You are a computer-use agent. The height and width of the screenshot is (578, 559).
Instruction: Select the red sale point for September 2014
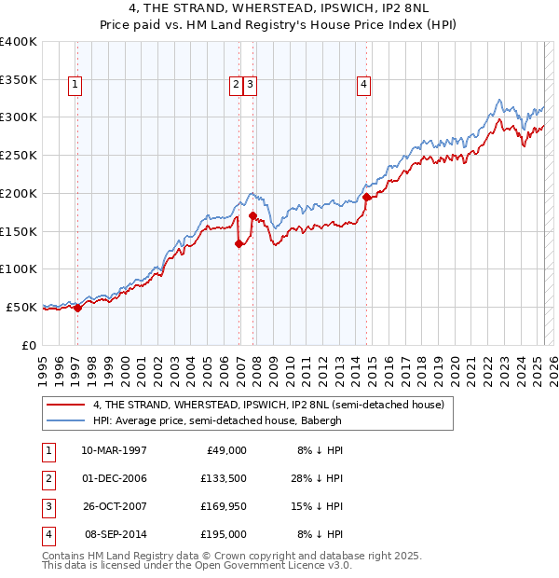(x=367, y=197)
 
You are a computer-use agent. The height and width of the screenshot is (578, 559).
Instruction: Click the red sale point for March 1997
(x=77, y=309)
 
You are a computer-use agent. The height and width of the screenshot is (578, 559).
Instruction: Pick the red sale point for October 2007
(x=252, y=216)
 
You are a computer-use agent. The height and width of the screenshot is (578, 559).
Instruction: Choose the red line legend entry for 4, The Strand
(x=269, y=405)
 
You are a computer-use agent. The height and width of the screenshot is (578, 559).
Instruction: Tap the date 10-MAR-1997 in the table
(x=115, y=450)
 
